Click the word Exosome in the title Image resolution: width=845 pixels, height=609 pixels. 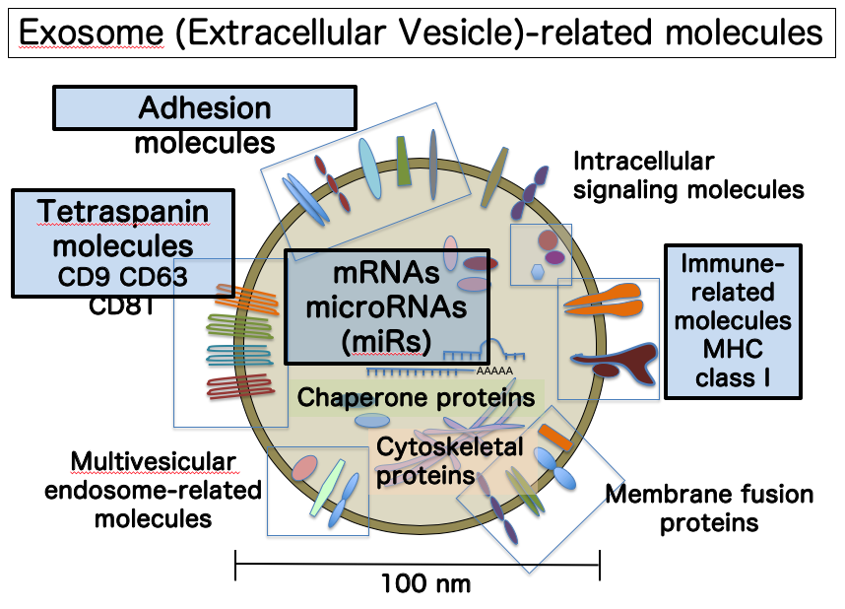point(91,33)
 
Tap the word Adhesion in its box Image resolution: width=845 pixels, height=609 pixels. point(205,107)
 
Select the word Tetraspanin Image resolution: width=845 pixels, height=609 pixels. point(123,212)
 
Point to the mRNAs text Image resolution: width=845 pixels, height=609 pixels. point(386,272)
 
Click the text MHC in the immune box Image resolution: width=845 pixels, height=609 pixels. point(733,349)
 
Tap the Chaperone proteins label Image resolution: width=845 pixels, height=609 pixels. point(416,397)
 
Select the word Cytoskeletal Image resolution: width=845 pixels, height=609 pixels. point(450,447)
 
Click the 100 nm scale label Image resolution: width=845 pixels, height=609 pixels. point(425,583)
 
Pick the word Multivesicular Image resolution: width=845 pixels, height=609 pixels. point(154,462)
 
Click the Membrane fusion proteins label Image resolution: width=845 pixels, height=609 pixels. point(709,508)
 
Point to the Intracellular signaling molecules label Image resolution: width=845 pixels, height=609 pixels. point(688,175)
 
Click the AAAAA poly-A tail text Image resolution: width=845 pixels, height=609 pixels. point(494,372)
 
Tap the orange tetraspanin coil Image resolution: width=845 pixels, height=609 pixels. point(247,299)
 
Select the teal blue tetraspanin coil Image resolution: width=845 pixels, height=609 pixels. point(240,355)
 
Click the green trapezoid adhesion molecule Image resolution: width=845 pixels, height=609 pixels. point(404,162)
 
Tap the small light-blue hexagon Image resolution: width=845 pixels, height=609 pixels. point(538,272)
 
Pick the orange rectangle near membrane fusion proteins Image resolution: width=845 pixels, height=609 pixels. point(555,438)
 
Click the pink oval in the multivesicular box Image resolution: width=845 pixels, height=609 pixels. point(305,468)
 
